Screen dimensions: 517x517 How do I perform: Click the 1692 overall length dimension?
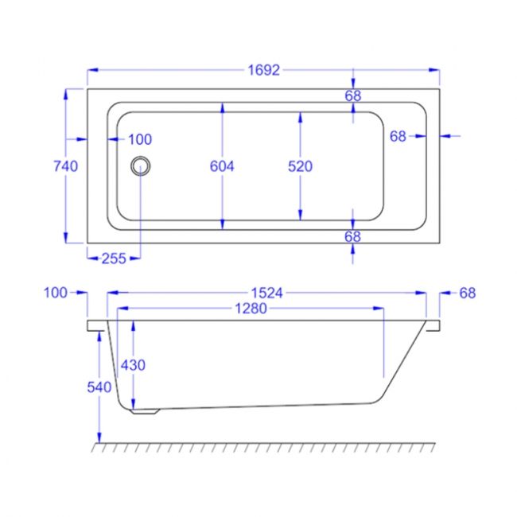(x=264, y=71)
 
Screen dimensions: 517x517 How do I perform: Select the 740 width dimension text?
(x=64, y=166)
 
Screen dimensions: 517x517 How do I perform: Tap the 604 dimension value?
(x=222, y=166)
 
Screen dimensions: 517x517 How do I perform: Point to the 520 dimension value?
(x=300, y=166)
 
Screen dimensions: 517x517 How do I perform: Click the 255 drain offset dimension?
(x=115, y=258)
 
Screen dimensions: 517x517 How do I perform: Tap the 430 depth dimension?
(x=132, y=365)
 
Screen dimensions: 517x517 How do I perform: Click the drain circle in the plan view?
(x=142, y=165)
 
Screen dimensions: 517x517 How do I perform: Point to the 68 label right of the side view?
(x=467, y=293)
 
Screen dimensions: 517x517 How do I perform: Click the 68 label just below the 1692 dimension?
(x=353, y=95)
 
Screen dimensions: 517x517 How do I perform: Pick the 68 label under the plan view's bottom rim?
(x=353, y=236)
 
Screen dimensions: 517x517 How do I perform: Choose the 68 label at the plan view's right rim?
(x=398, y=136)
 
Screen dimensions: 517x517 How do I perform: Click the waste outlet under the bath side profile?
(x=145, y=410)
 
